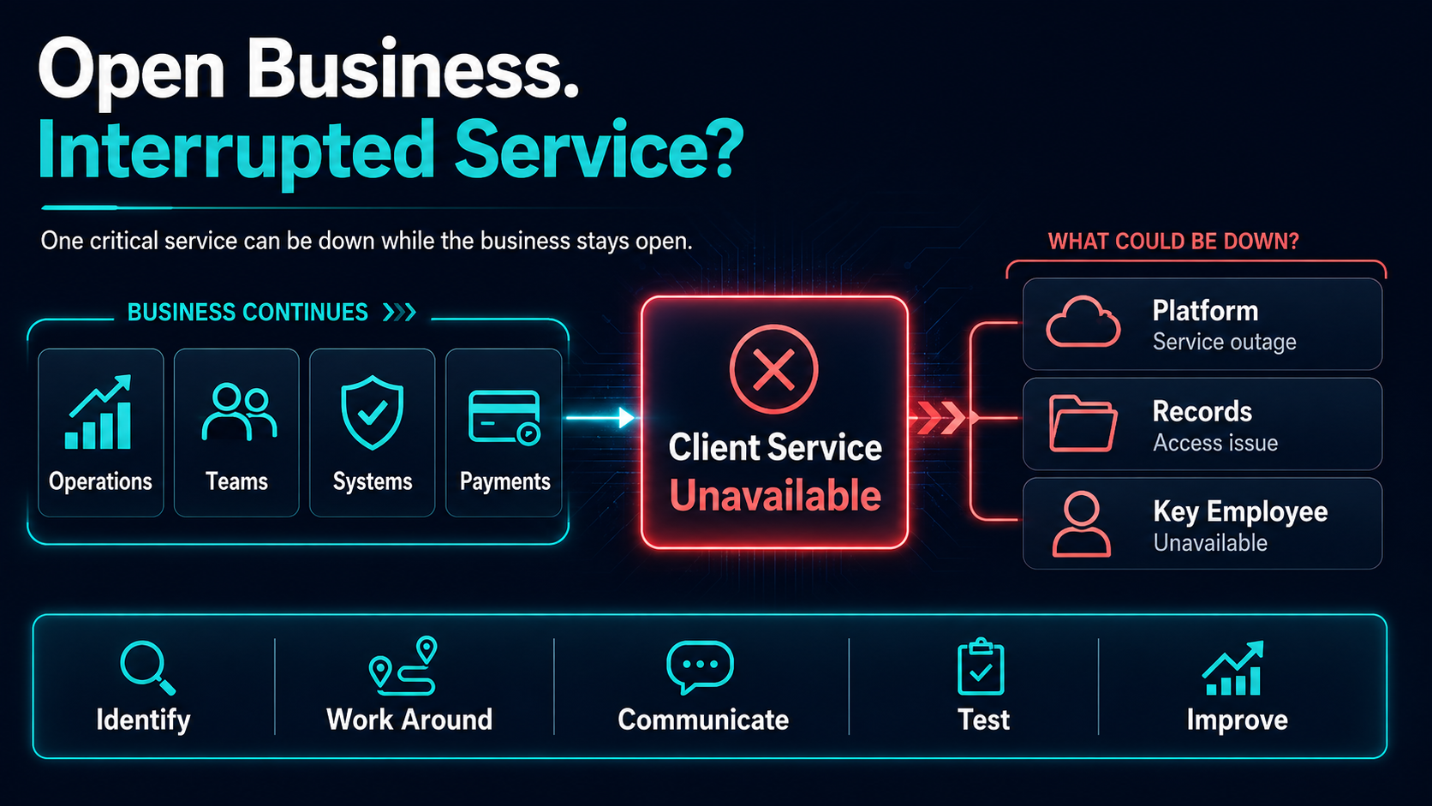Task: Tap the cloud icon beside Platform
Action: click(1083, 322)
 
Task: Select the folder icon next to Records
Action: click(1083, 423)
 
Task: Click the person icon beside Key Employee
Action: click(1082, 524)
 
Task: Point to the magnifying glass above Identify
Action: click(147, 667)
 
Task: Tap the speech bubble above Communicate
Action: click(700, 667)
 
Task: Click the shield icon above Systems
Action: click(372, 413)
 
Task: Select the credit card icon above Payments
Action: click(504, 418)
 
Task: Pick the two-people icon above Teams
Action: click(239, 412)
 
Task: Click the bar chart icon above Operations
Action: click(98, 412)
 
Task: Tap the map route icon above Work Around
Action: click(403, 666)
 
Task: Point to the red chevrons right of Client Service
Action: click(940, 418)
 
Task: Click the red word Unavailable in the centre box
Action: click(775, 496)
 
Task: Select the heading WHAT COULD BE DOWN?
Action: click(1173, 242)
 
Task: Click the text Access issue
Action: click(1215, 443)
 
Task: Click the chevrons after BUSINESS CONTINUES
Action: click(400, 313)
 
